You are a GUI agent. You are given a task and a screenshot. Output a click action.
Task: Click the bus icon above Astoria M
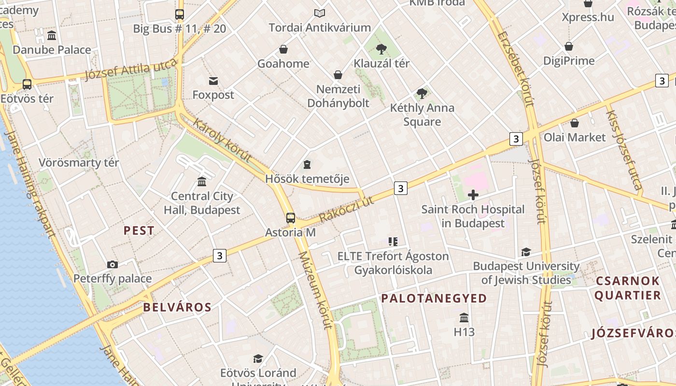pyautogui.click(x=290, y=218)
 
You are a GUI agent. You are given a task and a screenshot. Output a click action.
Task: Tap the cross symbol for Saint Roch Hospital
pyautogui.click(x=473, y=195)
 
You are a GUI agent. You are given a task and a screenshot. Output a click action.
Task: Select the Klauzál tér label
pyautogui.click(x=381, y=63)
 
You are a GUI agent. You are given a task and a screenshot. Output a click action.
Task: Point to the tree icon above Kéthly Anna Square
pyautogui.click(x=422, y=93)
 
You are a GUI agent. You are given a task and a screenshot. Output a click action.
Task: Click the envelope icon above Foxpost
pyautogui.click(x=213, y=81)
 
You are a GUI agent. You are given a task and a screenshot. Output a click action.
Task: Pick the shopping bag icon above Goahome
pyautogui.click(x=283, y=49)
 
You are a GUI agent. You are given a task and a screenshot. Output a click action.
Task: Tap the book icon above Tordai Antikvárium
pyautogui.click(x=320, y=14)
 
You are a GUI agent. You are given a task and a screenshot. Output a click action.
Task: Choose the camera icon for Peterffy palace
pyautogui.click(x=113, y=264)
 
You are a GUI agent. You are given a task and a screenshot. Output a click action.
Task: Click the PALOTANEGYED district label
pyautogui.click(x=434, y=298)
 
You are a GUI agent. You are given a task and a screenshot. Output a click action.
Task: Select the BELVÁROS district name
pyautogui.click(x=177, y=307)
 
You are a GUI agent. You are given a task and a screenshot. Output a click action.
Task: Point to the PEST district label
pyautogui.click(x=139, y=231)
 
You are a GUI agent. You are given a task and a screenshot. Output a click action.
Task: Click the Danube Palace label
pyautogui.click(x=52, y=50)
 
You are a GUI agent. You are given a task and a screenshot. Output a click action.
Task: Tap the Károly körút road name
pyautogui.click(x=222, y=139)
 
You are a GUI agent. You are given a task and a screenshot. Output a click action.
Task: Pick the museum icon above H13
pyautogui.click(x=464, y=317)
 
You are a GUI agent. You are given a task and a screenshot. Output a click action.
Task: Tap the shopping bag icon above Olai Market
pyautogui.click(x=575, y=123)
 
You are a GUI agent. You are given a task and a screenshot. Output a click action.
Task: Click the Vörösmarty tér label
pyautogui.click(x=79, y=163)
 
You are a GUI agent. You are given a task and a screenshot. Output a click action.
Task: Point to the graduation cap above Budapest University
pyautogui.click(x=526, y=252)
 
